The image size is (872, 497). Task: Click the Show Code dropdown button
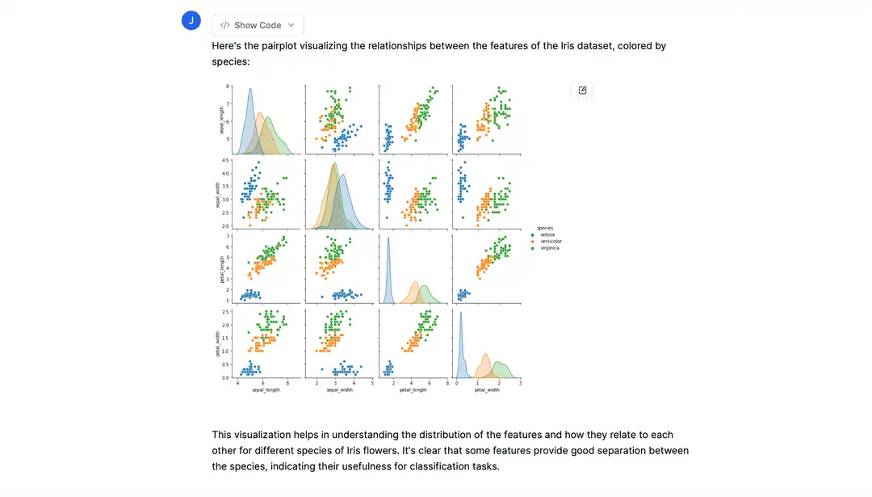pyautogui.click(x=258, y=25)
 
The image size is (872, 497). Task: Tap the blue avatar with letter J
pyautogui.click(x=191, y=21)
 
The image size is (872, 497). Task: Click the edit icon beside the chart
pyautogui.click(x=582, y=90)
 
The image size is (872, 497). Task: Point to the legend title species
pyautogui.click(x=545, y=227)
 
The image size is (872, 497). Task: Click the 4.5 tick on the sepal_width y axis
pyautogui.click(x=227, y=161)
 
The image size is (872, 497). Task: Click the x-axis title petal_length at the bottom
pyautogui.click(x=414, y=390)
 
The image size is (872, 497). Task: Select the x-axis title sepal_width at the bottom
pyautogui.click(x=340, y=390)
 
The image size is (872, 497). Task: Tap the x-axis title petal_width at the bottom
pyautogui.click(x=487, y=390)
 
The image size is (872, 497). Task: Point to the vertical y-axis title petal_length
pyautogui.click(x=219, y=269)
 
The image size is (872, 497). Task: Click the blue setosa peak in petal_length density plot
pyautogui.click(x=388, y=239)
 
